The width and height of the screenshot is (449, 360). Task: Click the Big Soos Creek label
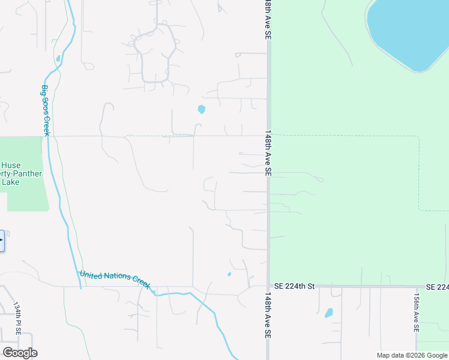coord(45,110)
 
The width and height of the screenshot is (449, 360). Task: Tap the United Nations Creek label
coord(115,279)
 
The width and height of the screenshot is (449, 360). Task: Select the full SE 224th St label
coord(294,287)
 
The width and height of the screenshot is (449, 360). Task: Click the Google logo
coord(20,353)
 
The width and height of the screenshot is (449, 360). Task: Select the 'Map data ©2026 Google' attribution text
coord(412,356)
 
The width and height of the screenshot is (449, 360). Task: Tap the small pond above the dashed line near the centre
coord(201,109)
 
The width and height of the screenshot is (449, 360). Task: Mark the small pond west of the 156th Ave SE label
coord(329,313)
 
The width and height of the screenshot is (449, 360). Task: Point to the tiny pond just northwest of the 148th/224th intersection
coord(229,275)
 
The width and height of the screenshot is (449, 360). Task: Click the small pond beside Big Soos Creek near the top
coord(58,59)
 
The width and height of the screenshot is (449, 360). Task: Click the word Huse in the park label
coord(11,166)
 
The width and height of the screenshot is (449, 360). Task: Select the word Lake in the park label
coord(11,182)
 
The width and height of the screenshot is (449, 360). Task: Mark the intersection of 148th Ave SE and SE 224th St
coord(268,287)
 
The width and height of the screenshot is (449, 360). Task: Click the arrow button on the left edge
coord(2,241)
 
